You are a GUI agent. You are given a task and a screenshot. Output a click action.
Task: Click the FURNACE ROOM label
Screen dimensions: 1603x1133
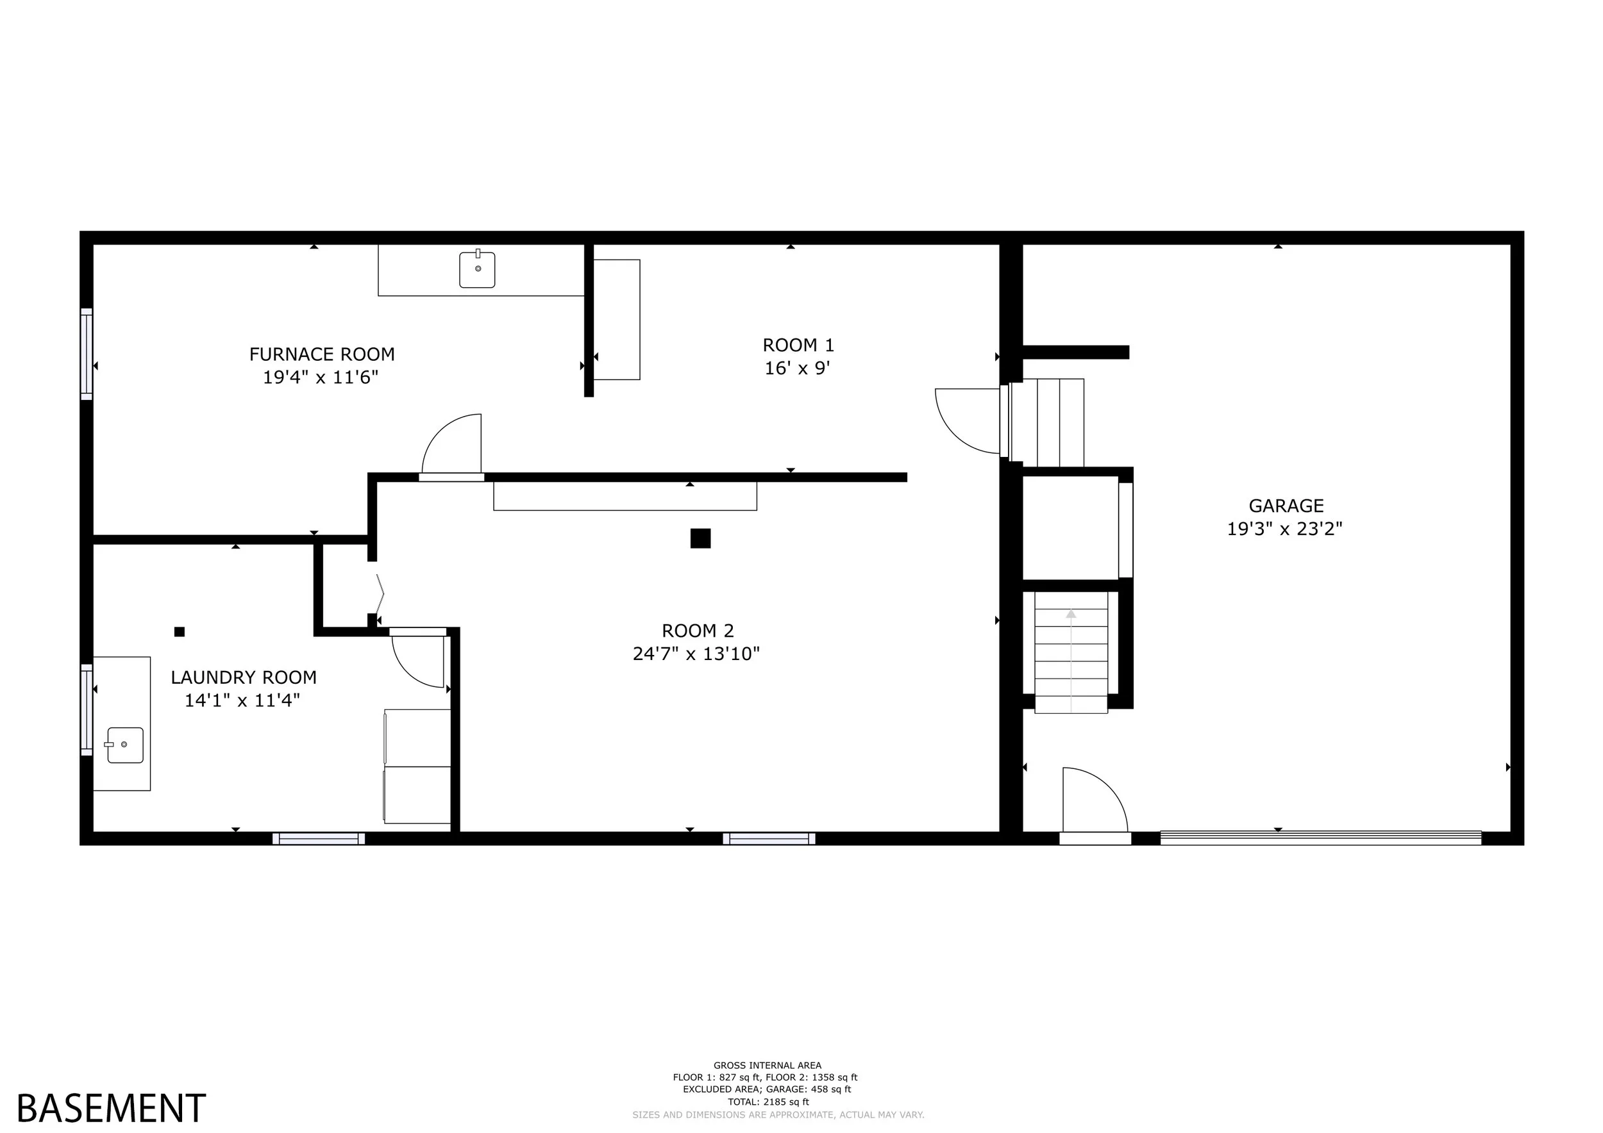322,354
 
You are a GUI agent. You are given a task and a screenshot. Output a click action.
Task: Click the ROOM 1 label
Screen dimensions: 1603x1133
798,345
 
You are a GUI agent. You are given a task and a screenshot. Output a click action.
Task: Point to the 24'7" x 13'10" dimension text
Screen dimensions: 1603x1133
696,654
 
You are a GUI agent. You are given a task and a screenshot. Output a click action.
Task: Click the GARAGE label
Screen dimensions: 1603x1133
1286,506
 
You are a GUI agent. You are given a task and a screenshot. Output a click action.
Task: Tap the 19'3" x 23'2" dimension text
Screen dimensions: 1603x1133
1284,529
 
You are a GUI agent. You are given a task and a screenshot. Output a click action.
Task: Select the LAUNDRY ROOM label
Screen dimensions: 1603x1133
244,677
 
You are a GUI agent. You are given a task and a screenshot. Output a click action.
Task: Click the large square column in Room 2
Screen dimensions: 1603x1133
700,538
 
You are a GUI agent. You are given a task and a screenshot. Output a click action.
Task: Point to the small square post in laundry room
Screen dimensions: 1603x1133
180,632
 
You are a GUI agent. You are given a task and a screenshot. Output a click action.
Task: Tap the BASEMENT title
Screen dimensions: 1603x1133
111,1108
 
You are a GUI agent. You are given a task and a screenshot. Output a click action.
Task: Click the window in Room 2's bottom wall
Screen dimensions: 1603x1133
769,839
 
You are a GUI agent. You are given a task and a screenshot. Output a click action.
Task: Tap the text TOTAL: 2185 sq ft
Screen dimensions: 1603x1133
768,1102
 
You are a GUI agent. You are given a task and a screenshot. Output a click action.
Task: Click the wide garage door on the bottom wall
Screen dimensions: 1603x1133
1320,838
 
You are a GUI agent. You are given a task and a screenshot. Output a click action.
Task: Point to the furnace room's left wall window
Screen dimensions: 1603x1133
87,354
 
